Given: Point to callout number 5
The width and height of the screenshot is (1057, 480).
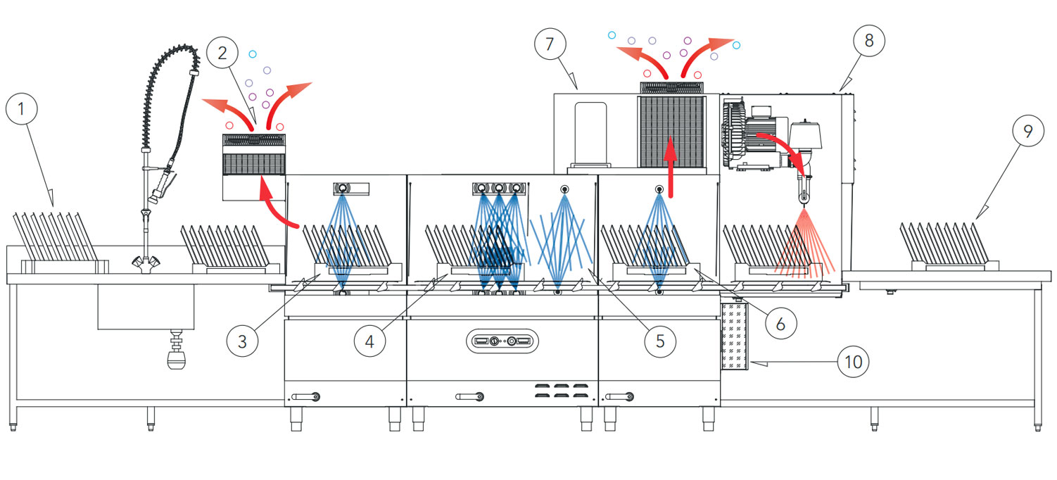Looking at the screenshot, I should (659, 341).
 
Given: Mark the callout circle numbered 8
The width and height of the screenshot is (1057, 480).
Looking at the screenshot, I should (869, 40).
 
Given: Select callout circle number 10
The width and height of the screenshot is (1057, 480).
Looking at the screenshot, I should (853, 362).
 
